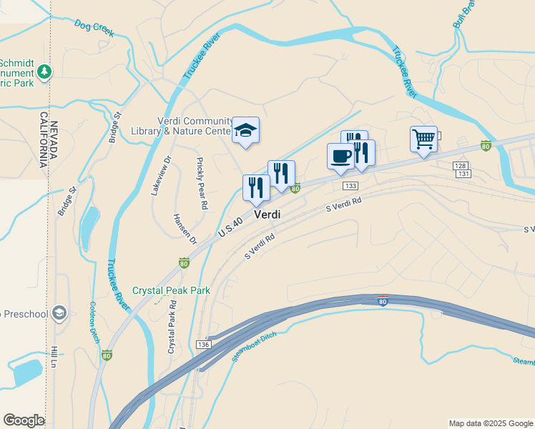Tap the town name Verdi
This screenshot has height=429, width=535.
267,214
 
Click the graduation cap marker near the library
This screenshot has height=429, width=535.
245,130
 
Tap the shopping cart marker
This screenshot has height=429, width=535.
423,138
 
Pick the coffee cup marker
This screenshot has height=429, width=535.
340,156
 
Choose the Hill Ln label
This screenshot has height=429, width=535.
54,357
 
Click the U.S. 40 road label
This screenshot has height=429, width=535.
231,228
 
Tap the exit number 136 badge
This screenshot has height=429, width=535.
204,345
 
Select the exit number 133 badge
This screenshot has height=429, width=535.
350,186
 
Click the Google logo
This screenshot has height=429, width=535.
24,420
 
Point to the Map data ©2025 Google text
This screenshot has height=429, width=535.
491,423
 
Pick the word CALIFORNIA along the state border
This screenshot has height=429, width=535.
43,140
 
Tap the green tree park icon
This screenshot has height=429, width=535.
44,71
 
